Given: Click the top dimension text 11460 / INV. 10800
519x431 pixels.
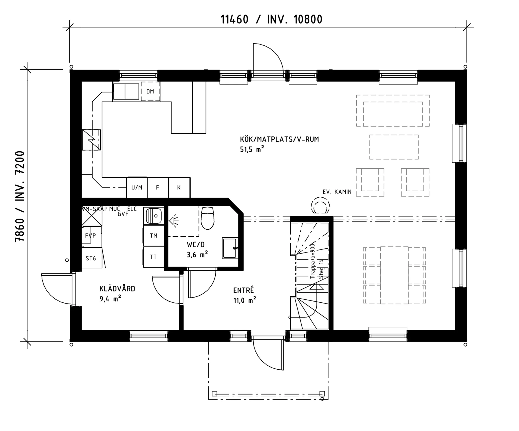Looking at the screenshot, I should tap(271, 20).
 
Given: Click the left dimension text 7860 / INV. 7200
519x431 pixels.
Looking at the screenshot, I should tap(20, 196).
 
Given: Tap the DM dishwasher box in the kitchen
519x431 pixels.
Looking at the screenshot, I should tap(150, 91).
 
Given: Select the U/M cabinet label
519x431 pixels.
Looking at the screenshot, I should tap(137, 188).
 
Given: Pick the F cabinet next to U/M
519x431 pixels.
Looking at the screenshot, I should tap(158, 188).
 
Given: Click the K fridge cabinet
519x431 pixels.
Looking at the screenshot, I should tap(179, 188).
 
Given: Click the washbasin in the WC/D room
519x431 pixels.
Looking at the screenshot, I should tap(230, 248).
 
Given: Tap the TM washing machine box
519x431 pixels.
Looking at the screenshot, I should tap(154, 236).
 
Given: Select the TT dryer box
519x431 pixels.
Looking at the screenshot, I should tap(153, 257).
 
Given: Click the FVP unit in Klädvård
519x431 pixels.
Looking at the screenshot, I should tap(91, 236).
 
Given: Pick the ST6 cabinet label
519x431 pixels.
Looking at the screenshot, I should tap(91, 259).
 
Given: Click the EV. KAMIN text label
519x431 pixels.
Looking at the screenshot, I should tap(337, 192).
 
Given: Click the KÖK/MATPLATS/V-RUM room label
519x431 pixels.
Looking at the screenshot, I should tap(279, 139).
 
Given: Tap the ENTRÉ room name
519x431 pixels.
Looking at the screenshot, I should tap(244, 290).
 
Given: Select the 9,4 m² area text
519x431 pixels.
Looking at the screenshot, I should tap(110, 299).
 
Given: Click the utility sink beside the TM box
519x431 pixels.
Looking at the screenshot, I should tap(154, 216).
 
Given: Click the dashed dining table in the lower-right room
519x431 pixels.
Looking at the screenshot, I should tap(394, 275).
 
